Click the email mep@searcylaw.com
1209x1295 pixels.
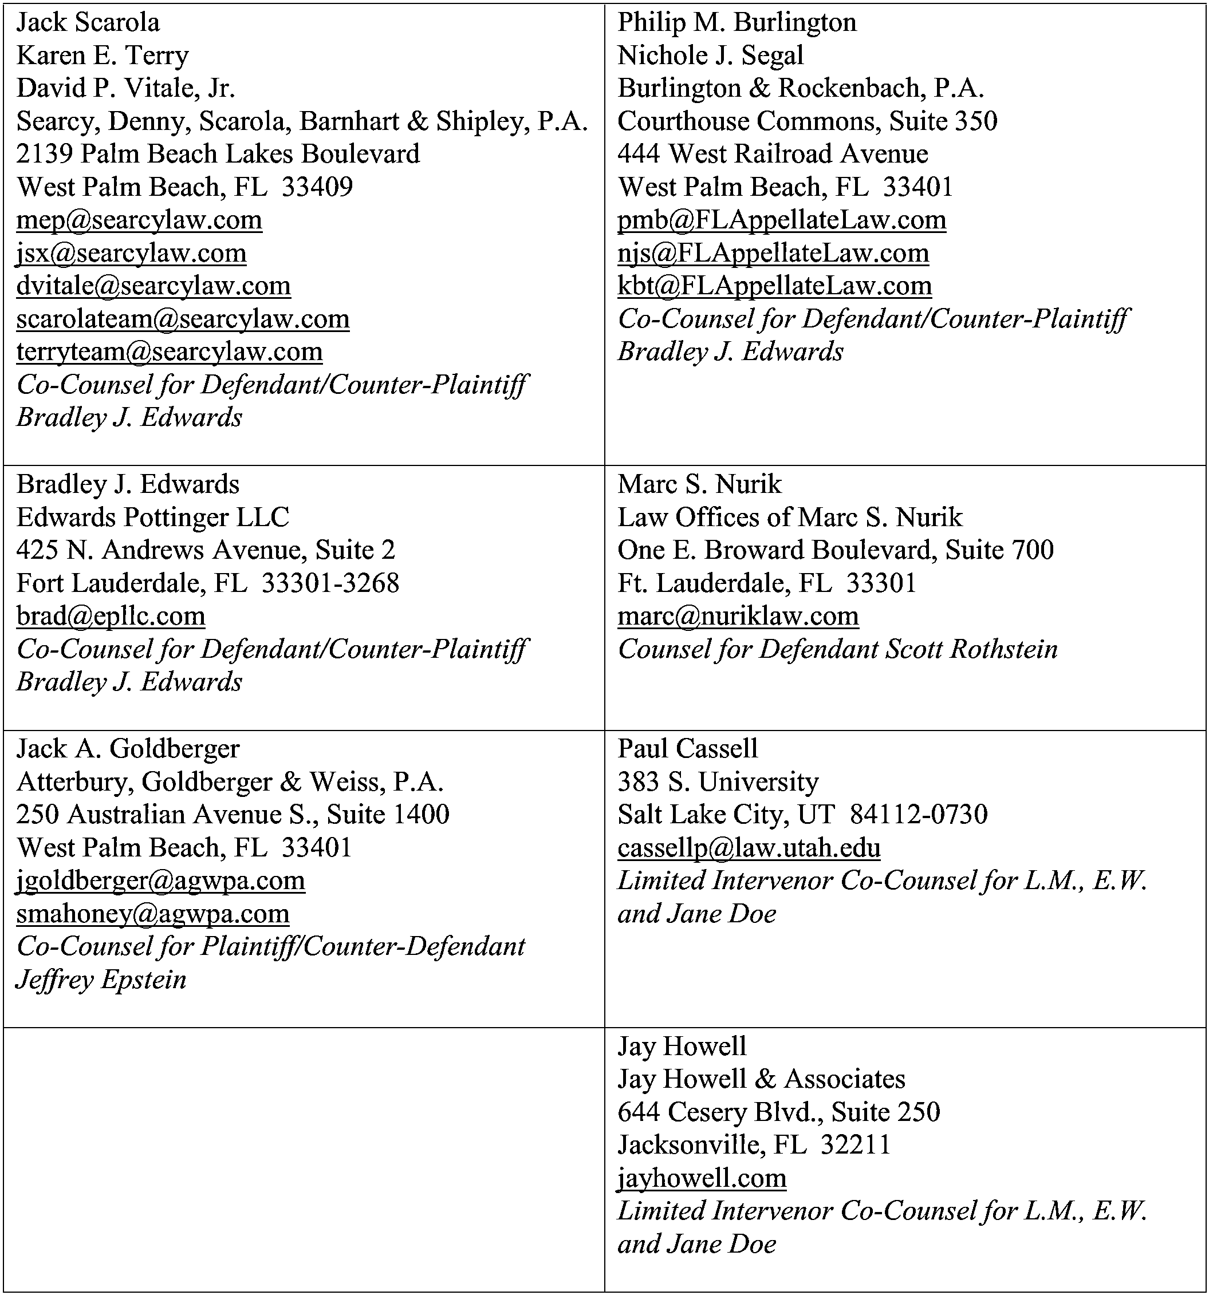(x=139, y=220)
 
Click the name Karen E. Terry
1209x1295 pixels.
(x=103, y=56)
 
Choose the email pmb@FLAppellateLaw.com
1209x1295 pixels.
(x=781, y=220)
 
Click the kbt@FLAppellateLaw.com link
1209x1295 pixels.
(x=774, y=286)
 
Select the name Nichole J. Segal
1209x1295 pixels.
(x=710, y=56)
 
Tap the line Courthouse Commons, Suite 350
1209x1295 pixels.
(x=807, y=121)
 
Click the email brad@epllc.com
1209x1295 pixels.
(x=111, y=616)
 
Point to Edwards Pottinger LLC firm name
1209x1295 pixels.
(x=152, y=517)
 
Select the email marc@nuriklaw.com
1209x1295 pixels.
(x=738, y=616)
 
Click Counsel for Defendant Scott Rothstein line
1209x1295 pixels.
(x=837, y=649)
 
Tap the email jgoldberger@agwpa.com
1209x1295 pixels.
(x=160, y=881)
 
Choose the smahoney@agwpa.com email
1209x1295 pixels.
(x=152, y=914)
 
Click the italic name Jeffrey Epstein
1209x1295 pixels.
(x=101, y=980)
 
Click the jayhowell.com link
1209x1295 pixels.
(x=702, y=1178)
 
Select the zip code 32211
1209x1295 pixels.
(x=855, y=1145)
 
